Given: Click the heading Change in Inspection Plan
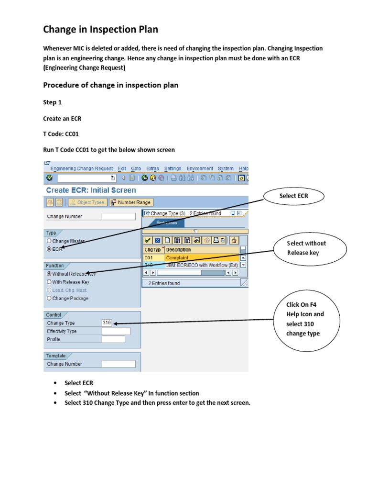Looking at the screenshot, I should tap(101, 30).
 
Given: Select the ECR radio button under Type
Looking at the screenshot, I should tap(49, 249).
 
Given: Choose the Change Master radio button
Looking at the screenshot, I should tap(49, 241).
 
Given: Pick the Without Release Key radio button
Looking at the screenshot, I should tap(49, 274).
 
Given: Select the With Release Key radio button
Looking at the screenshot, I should tap(49, 282).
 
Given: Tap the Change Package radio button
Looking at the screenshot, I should tap(49, 298).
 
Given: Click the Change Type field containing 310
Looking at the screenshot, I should tap(108, 323).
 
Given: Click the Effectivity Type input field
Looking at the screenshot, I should tap(116, 331).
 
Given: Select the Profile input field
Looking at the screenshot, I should tap(113, 339).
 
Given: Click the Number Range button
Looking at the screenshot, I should tap(130, 202).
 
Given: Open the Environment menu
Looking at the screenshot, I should tap(200, 168).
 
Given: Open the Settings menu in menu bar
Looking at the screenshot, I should tap(173, 168).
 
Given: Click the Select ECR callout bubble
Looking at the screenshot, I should tap(293, 196).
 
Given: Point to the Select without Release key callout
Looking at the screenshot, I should tap(306, 248).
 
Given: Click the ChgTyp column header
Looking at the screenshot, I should tap(153, 249).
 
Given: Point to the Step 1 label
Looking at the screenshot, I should tap(52, 102).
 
